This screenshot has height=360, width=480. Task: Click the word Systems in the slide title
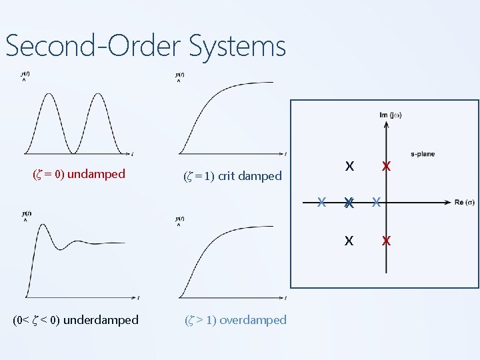[x=237, y=46]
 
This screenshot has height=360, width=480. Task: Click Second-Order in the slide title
[x=94, y=46]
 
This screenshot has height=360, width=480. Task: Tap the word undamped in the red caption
[x=96, y=174]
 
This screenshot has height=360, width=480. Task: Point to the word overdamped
[x=253, y=320]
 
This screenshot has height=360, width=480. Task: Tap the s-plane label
[x=422, y=154]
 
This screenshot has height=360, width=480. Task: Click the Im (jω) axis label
[x=391, y=115]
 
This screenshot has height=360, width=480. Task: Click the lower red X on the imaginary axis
[x=385, y=241]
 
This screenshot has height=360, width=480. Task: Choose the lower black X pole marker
[x=349, y=241]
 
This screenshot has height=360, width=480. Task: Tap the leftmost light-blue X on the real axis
[x=321, y=201]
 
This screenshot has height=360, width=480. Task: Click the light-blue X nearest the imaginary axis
[x=375, y=201]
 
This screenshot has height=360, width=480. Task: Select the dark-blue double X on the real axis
[x=348, y=203]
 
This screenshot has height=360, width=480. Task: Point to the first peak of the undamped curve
[x=51, y=94]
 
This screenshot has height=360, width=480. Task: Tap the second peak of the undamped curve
[x=99, y=94]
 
